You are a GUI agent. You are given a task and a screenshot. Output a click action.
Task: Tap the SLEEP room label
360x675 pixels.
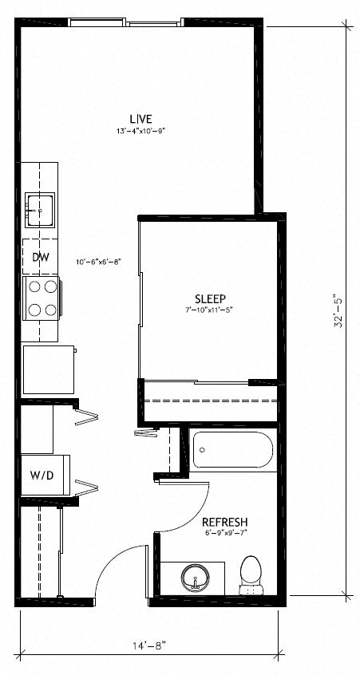210,298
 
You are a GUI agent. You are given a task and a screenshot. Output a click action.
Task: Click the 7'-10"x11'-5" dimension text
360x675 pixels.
210,310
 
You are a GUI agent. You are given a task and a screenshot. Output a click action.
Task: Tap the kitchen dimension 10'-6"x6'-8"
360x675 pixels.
98,262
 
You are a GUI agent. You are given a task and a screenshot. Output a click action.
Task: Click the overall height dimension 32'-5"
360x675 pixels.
338,311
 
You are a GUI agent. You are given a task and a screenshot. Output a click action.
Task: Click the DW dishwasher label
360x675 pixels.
40,257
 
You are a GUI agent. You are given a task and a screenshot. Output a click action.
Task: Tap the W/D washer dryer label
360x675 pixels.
42,476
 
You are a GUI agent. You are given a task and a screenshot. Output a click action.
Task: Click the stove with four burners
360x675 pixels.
41,298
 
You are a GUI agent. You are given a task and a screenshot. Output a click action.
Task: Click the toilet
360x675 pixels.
251,575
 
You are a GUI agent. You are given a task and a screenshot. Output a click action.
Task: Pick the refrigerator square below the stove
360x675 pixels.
48,369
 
